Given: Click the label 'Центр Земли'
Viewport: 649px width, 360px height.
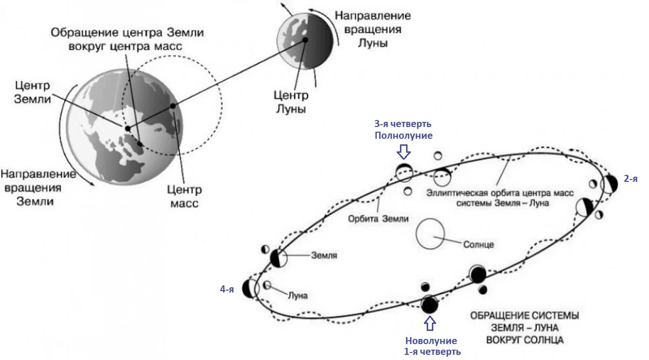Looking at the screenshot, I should pyautogui.click(x=32, y=93).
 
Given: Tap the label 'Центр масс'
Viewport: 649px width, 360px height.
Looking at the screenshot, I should pyautogui.click(x=184, y=197).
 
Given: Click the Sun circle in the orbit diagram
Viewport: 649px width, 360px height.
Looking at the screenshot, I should pyautogui.click(x=430, y=235).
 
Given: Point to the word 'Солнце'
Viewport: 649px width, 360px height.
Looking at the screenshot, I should pyautogui.click(x=478, y=245).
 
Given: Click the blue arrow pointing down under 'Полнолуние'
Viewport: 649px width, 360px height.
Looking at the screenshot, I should pyautogui.click(x=403, y=151).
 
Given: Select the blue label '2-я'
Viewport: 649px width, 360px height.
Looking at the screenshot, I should pyautogui.click(x=630, y=179).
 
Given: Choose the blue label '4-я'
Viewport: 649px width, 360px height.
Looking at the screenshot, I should pyautogui.click(x=227, y=290).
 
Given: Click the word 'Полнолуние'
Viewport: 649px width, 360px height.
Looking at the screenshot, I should pyautogui.click(x=403, y=135).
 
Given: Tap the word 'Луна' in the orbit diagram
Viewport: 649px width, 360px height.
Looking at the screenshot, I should pyautogui.click(x=297, y=296).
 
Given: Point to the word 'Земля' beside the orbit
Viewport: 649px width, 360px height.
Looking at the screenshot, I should pyautogui.click(x=324, y=256).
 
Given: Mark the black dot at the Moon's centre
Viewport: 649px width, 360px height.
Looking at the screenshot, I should pyautogui.click(x=305, y=40).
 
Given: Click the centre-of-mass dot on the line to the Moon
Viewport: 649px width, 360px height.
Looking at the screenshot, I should pyautogui.click(x=173, y=106).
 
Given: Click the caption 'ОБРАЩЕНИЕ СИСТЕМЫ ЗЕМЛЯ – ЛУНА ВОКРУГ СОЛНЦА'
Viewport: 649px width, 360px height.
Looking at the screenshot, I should pyautogui.click(x=524, y=327).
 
